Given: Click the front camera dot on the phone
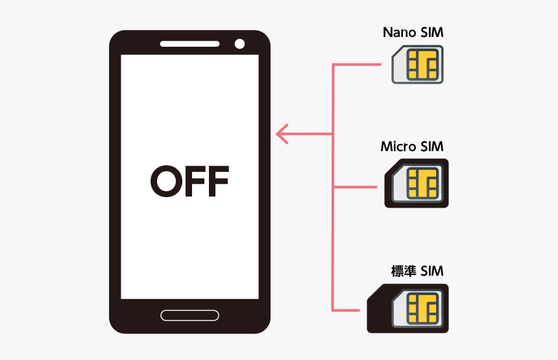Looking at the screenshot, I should click(x=239, y=44).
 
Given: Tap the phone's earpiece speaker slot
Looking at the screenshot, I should click(x=189, y=44).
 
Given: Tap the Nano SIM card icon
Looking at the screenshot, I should click(x=418, y=65).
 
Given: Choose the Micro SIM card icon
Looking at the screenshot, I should click(x=417, y=183).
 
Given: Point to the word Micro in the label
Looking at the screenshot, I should click(x=398, y=147).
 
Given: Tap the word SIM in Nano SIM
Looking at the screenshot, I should click(x=431, y=32).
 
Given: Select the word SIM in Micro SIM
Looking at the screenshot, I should click(x=432, y=147).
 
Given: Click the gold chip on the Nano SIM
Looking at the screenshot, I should click(x=422, y=65).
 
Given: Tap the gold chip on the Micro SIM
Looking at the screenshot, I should click(x=422, y=183).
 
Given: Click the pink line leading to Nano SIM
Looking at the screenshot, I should click(x=357, y=65).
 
